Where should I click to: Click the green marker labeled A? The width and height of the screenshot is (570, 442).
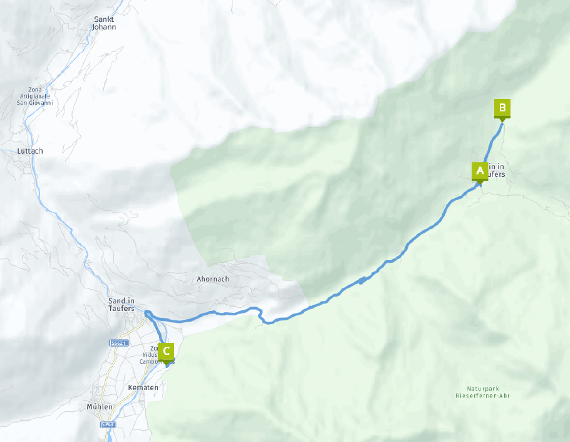tap(480, 171)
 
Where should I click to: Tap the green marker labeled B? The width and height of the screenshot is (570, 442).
tap(502, 108)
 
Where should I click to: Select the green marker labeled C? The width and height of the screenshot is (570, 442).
tap(166, 351)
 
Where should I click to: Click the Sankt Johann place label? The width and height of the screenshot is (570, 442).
tap(104, 23)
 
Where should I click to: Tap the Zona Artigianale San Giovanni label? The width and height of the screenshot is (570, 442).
tap(36, 96)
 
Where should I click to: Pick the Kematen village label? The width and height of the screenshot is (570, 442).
tap(143, 388)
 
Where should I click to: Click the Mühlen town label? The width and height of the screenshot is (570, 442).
tap(100, 407)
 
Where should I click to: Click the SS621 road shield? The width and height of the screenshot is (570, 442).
tap(119, 343)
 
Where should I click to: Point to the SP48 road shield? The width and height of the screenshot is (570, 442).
tap(108, 424)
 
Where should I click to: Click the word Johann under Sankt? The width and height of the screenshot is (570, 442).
tap(104, 27)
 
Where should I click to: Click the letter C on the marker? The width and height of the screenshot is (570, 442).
tap(166, 350)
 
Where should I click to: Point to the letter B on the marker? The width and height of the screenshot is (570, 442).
tap(502, 107)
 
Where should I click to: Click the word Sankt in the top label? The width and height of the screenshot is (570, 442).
tap(104, 19)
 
